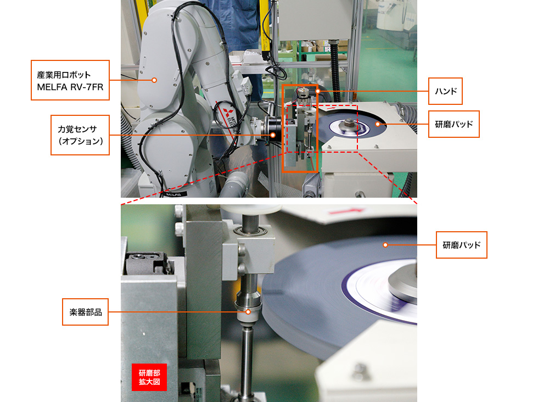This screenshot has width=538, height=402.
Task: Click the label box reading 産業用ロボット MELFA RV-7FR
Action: [x=70, y=80]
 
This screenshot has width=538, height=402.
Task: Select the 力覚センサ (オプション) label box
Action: [x=80, y=135]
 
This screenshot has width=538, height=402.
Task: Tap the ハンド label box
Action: [x=445, y=91]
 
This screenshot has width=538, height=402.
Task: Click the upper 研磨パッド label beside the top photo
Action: [x=453, y=124]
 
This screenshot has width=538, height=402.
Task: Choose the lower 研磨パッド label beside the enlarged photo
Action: [x=462, y=245]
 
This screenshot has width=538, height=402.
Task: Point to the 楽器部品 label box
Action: [x=86, y=312]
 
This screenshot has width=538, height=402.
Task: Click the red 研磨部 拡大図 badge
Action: [x=149, y=377]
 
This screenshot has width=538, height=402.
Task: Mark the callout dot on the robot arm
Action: [x=154, y=80]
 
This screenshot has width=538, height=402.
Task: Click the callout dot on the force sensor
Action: [x=273, y=135]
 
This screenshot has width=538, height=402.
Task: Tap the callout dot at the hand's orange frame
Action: [x=318, y=91]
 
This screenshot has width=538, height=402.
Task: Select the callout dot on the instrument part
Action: [x=248, y=312]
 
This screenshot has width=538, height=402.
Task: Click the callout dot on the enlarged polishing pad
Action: [x=385, y=245]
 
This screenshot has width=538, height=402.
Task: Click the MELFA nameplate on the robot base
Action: [x=173, y=194]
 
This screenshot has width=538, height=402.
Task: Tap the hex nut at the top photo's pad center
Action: [x=348, y=121]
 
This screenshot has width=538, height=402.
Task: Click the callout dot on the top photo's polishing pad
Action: [x=378, y=124]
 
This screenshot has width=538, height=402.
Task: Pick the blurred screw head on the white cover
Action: [x=358, y=372]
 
